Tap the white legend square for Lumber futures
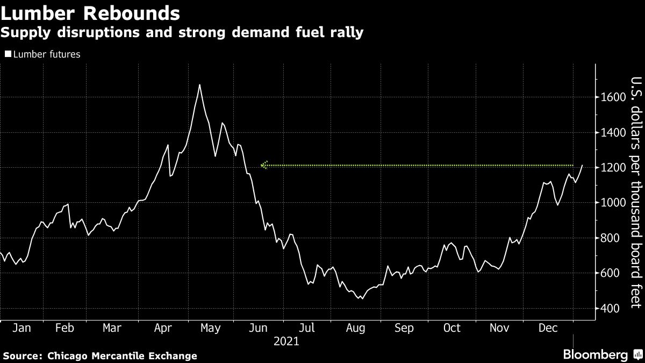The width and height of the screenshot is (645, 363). pos(7,54)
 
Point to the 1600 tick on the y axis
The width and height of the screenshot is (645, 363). pos(612,97)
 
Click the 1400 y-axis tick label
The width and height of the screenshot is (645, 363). pos(612,132)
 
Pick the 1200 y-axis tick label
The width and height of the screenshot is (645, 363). pos(612,168)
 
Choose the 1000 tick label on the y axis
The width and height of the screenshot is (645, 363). pos(612,203)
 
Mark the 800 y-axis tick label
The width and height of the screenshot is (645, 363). pos(610,238)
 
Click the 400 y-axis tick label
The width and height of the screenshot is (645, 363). pos(610,308)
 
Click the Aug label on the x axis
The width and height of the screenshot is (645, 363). pos(356,328)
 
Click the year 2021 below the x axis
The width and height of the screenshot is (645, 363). pos(286,341)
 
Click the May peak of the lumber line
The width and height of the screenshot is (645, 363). pos(199,85)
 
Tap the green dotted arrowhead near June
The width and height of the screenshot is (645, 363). pos(263,166)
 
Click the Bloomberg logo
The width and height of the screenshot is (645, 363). pos(595,355)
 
